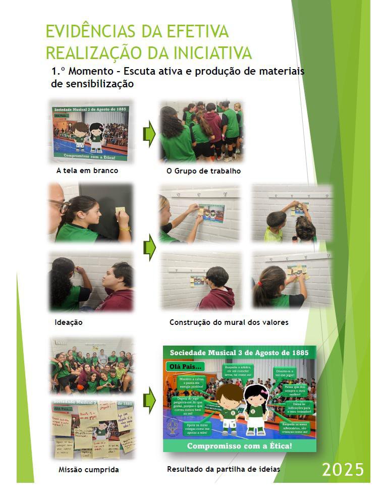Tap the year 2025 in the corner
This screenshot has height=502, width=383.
343,469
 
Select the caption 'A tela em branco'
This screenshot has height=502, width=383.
87,171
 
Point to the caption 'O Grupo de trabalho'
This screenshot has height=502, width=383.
203,171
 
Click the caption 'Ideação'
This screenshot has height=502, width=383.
68,322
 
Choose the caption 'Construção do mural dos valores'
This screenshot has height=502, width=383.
229,322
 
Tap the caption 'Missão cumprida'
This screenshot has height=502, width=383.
89,470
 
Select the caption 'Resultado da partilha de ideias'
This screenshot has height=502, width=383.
223,469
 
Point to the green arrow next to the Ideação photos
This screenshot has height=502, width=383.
149,247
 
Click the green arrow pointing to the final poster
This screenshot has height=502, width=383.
149,400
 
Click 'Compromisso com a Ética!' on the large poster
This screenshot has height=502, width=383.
239,446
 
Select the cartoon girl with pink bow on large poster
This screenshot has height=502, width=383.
256,409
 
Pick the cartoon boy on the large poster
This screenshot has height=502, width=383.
230,409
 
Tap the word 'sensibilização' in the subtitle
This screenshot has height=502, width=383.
92,84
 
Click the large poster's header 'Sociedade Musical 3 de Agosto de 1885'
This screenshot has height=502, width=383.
239,352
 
